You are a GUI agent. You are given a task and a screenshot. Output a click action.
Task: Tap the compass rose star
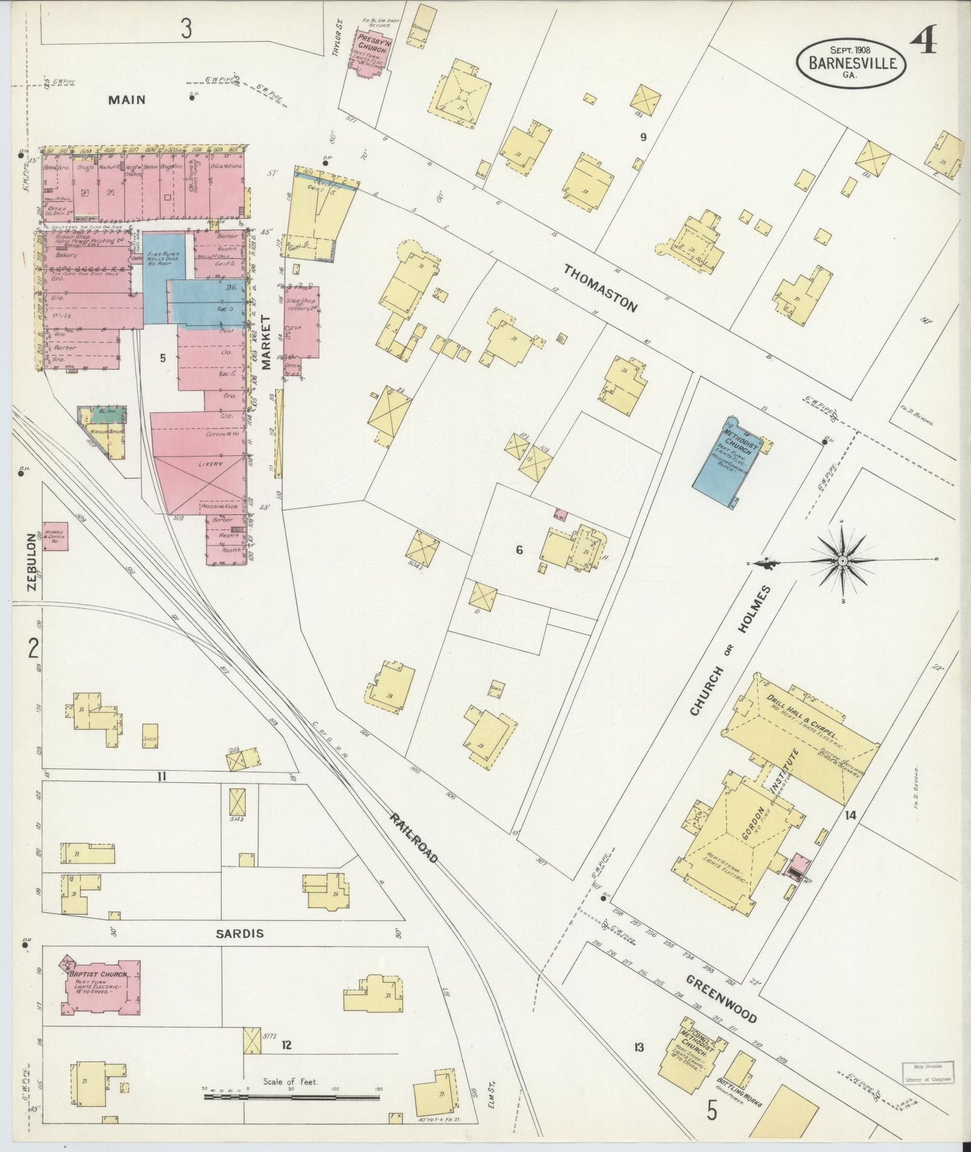[x=842, y=560]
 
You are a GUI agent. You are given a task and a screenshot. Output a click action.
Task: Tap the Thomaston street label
[x=599, y=288]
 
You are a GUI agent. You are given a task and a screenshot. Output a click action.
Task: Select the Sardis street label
[x=239, y=934]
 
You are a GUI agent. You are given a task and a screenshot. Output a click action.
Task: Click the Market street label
[x=265, y=342]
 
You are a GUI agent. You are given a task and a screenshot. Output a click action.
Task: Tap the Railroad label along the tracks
[x=414, y=837]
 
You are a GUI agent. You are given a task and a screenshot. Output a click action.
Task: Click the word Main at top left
[x=127, y=99]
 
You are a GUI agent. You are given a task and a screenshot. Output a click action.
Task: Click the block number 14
[x=851, y=815]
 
